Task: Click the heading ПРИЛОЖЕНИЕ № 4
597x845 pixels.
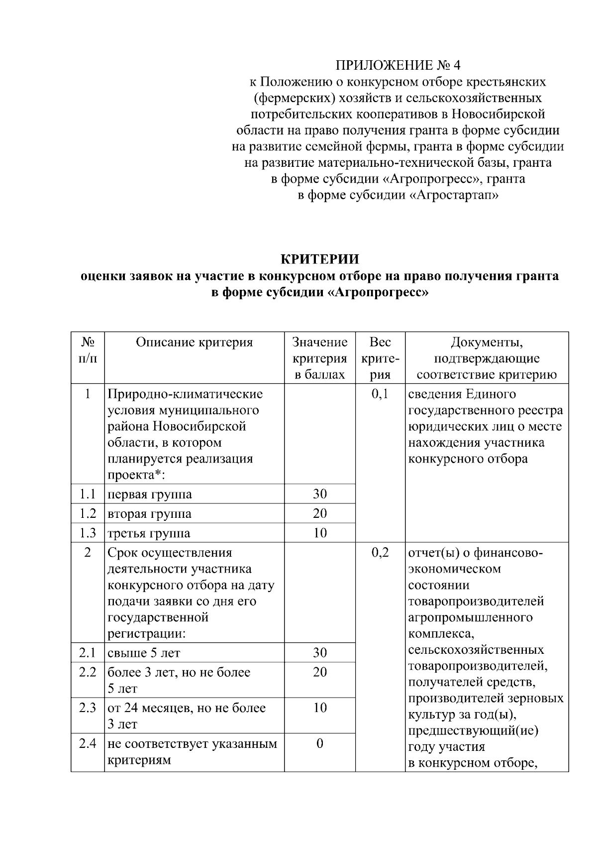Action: coord(398,65)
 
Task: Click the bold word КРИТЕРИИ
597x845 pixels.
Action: coord(320,259)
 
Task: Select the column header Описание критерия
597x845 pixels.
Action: coord(194,343)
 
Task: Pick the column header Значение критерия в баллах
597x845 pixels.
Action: coord(319,359)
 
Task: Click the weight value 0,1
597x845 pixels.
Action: coord(380,394)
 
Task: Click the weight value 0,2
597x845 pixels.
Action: coord(380,553)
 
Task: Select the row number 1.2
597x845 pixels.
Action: coord(88,513)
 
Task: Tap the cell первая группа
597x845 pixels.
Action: coord(150,494)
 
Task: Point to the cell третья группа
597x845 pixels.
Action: coord(149,533)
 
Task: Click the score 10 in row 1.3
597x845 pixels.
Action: coord(319,533)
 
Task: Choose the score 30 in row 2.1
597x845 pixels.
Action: coord(319,653)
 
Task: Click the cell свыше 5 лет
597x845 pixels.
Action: coord(144,653)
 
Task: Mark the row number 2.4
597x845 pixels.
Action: coord(88,744)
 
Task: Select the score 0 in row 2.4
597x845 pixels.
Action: coord(319,744)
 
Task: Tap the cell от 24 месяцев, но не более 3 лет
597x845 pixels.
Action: coord(187,716)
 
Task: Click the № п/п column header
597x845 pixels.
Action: coord(88,351)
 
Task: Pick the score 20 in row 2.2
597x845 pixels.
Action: coord(319,672)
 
